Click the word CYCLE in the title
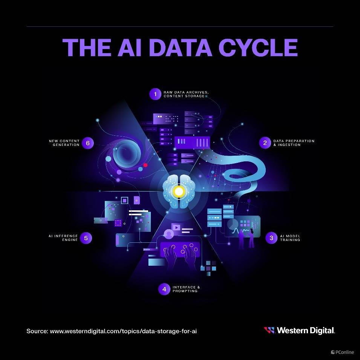[x=258, y=47]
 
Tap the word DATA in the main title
[x=181, y=47]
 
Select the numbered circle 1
[x=155, y=94]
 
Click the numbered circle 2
[x=265, y=143]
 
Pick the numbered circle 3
[x=271, y=238]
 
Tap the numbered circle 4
[x=164, y=289]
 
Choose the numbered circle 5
[x=86, y=238]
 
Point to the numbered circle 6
[x=88, y=143]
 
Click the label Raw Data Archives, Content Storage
[x=186, y=94]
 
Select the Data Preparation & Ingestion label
[x=294, y=143]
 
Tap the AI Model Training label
[x=290, y=238]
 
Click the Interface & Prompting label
[x=186, y=289]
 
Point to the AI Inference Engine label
[x=63, y=238]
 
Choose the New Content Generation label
[x=64, y=143]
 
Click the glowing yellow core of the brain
[x=179, y=191]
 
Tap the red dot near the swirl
[x=146, y=165]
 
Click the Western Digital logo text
[x=306, y=330]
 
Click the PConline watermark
[x=342, y=352]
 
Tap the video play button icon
[x=176, y=228]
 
